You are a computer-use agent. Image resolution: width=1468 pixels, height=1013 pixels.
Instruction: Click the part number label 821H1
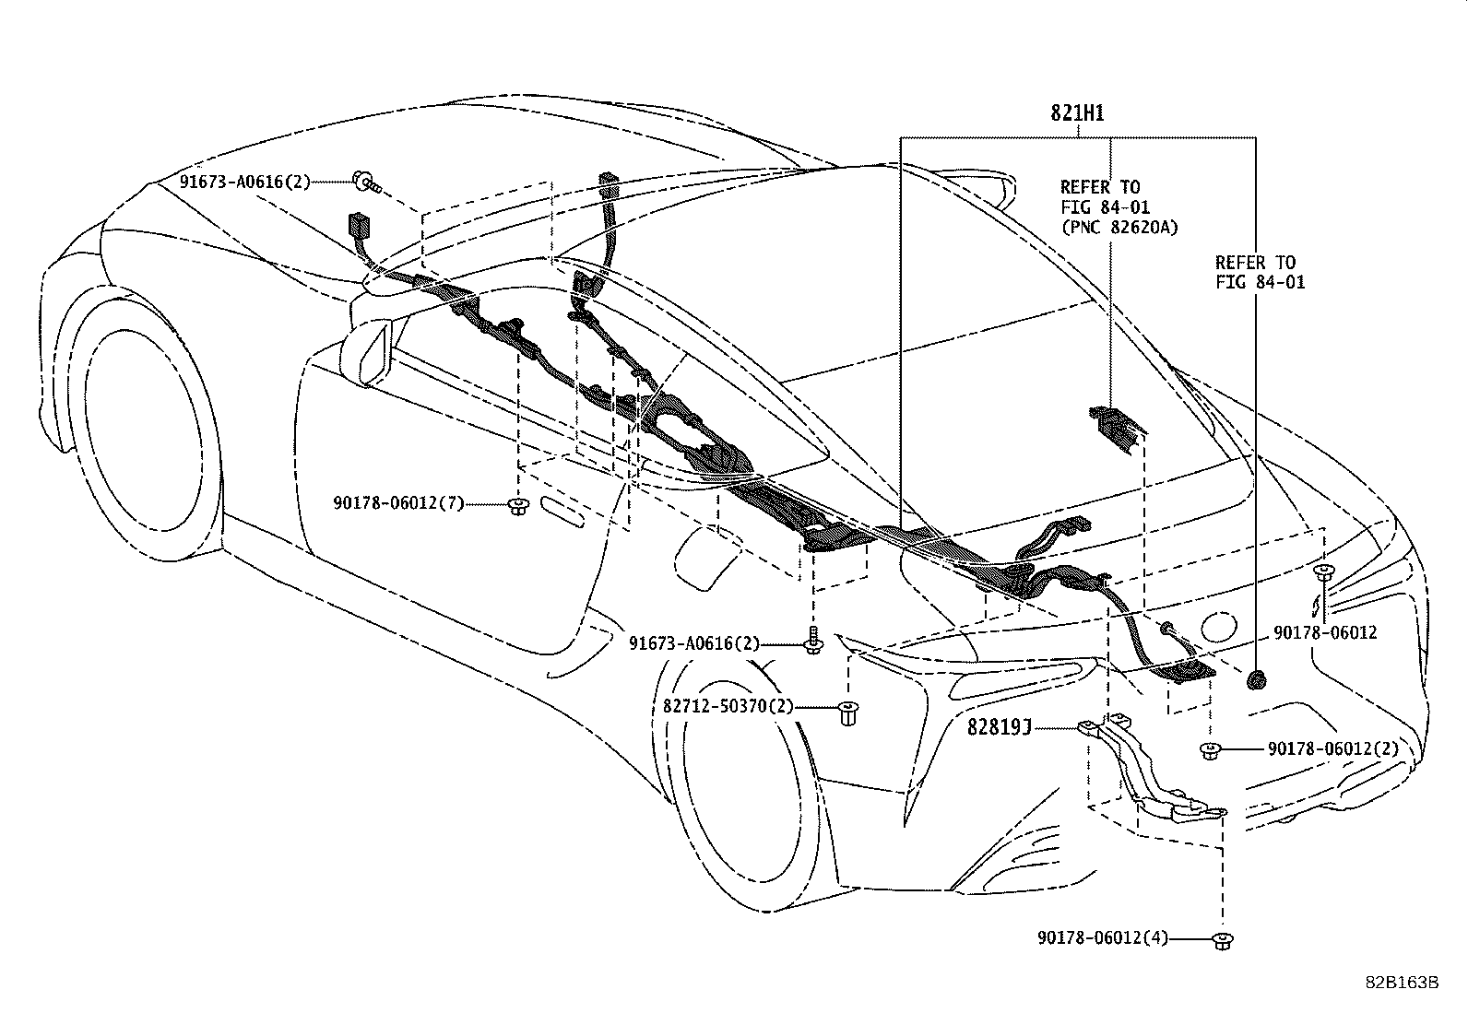click(1077, 113)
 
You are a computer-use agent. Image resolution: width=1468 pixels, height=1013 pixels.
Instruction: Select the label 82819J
click(998, 727)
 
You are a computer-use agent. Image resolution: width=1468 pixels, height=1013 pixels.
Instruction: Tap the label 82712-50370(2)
click(728, 708)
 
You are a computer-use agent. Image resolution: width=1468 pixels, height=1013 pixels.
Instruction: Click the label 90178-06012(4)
click(1102, 938)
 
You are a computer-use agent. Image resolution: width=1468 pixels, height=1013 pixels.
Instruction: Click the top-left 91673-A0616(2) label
click(245, 182)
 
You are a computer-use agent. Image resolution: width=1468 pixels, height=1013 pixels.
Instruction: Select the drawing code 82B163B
click(1402, 983)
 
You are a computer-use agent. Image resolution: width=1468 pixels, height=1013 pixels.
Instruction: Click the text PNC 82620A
click(1119, 228)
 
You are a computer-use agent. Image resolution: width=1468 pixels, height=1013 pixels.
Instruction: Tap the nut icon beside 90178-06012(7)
click(517, 504)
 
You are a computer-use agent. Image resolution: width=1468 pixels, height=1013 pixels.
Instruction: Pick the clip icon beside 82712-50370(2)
click(846, 713)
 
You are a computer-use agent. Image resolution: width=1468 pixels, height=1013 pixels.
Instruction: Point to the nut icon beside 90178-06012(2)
click(1210, 750)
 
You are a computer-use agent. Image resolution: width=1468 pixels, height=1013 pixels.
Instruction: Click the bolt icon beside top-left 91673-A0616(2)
click(365, 181)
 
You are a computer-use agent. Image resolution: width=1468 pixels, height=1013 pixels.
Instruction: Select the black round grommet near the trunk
click(1255, 680)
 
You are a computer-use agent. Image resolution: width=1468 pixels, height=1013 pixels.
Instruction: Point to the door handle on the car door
click(562, 512)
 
